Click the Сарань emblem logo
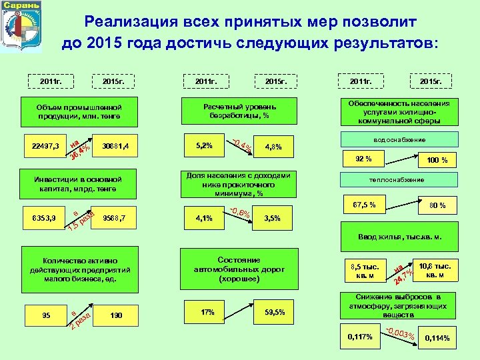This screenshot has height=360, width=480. point(21,25)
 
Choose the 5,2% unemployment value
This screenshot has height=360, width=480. point(204,145)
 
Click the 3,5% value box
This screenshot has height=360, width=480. point(273,218)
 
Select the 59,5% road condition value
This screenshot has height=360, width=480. point(275,312)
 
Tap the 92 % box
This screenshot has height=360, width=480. point(363,159)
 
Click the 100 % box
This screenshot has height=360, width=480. point(437,160)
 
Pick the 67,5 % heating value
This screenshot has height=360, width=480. point(363,203)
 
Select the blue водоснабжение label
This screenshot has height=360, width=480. point(400,139)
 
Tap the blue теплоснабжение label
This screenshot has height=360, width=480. point(400,180)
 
